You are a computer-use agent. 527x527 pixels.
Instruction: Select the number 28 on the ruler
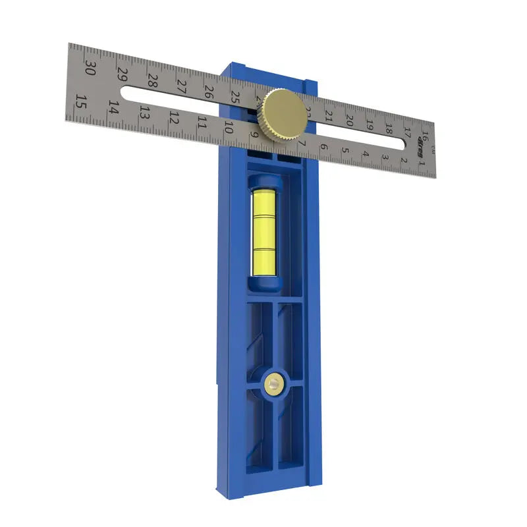click(x=152, y=81)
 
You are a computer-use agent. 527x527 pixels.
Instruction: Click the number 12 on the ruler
click(x=174, y=118)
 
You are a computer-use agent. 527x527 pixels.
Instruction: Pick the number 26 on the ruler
click(x=208, y=92)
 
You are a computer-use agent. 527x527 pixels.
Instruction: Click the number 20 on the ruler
click(x=350, y=121)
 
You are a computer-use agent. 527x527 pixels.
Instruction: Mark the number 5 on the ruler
click(x=345, y=150)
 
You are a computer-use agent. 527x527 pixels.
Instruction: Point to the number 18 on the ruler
click(x=389, y=129)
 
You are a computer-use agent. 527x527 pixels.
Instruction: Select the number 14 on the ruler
click(x=114, y=107)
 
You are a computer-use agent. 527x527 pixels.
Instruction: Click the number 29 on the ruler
click(x=122, y=75)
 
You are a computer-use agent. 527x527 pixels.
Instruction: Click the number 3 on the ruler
click(x=384, y=157)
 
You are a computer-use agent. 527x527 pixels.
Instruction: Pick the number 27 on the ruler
click(x=180, y=86)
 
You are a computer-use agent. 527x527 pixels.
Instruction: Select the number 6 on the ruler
click(x=323, y=146)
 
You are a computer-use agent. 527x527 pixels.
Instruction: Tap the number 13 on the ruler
click(x=145, y=113)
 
